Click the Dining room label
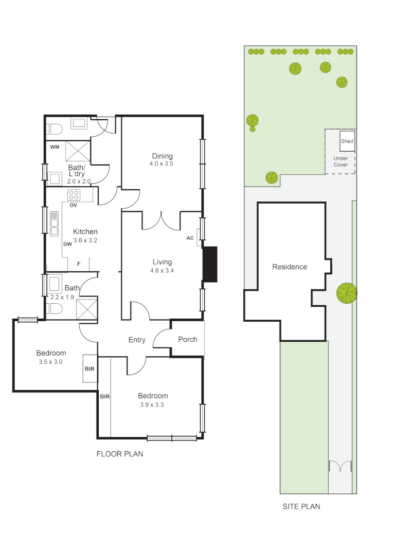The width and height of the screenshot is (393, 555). coord(162,156)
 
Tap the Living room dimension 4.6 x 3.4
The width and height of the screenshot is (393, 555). coord(162,270)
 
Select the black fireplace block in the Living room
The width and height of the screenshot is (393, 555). coord(210,264)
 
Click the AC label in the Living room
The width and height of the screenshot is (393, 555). coord(190,238)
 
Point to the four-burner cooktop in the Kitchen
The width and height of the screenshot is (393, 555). coord(74,195)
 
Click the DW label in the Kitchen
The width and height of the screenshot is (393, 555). coord(67,244)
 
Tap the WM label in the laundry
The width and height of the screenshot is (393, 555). coord(55,147)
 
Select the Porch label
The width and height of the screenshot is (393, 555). coord(187,339)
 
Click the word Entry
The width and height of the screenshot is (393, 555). coord(137,340)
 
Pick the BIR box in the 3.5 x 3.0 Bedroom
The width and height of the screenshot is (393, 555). coord(91,368)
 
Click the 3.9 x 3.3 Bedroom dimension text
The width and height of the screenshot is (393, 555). coord(153,404)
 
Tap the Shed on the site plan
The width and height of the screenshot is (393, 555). coord(347,141)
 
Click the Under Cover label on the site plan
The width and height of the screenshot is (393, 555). coord(341,161)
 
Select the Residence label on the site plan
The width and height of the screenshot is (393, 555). coord(290,267)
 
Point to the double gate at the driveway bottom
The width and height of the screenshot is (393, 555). coord(340,467)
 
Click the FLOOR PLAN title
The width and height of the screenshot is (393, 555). coord(120,454)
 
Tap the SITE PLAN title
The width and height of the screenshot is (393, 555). coord(301,506)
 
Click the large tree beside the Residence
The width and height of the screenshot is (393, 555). coord(346,293)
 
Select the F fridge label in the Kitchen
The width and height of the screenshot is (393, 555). coord(79,264)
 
